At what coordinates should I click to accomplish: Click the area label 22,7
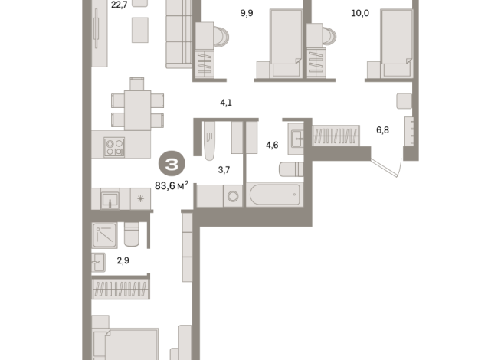point(119,5)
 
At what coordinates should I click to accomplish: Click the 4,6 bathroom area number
point(271,145)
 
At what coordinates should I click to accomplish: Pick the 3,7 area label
point(224,169)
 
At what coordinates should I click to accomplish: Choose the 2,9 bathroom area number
point(123,261)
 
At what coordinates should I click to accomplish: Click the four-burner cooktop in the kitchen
point(114,146)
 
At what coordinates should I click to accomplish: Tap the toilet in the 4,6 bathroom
point(291,169)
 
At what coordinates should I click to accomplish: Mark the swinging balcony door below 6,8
point(387,168)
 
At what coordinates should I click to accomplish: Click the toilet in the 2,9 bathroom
point(131,234)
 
